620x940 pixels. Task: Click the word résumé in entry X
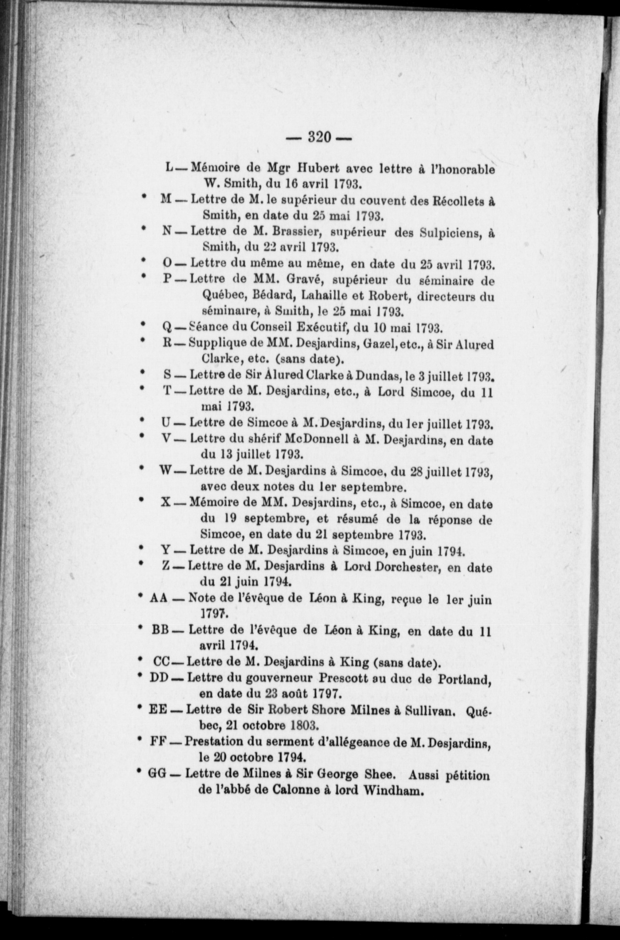(364, 520)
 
